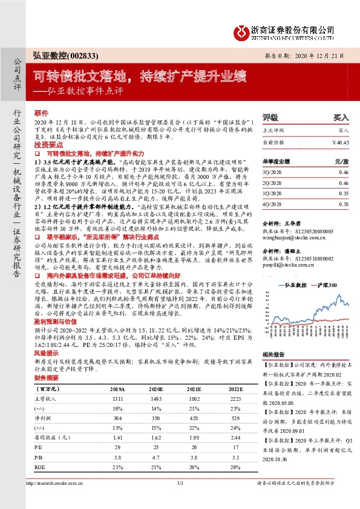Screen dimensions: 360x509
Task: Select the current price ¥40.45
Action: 341,143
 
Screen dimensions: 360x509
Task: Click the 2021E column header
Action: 193,372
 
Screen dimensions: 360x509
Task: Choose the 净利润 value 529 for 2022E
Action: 235,401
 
